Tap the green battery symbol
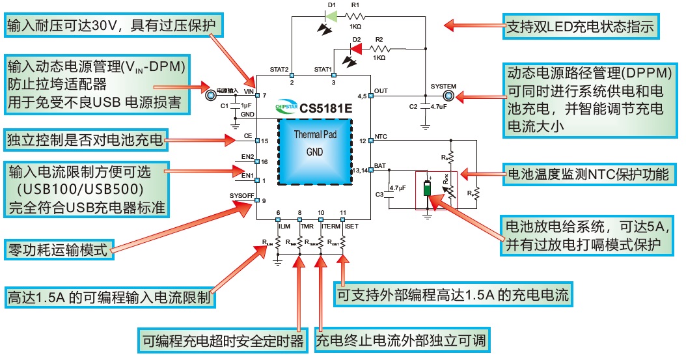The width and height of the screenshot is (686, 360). [x=426, y=188]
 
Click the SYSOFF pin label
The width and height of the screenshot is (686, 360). [x=241, y=195]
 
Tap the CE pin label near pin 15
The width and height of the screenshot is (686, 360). [x=248, y=136]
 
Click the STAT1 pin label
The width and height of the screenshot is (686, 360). [x=323, y=68]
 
